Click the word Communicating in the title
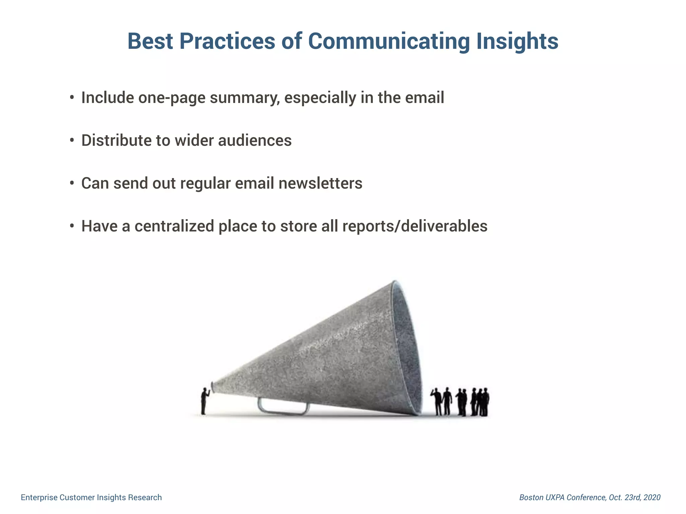click(389, 41)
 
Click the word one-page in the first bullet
click(171, 98)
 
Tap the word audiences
click(255, 141)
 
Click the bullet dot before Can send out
click(72, 183)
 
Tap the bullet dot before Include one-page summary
click(72, 98)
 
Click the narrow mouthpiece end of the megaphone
click(213, 387)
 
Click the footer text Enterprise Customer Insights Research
click(91, 497)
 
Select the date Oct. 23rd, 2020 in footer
click(634, 497)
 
